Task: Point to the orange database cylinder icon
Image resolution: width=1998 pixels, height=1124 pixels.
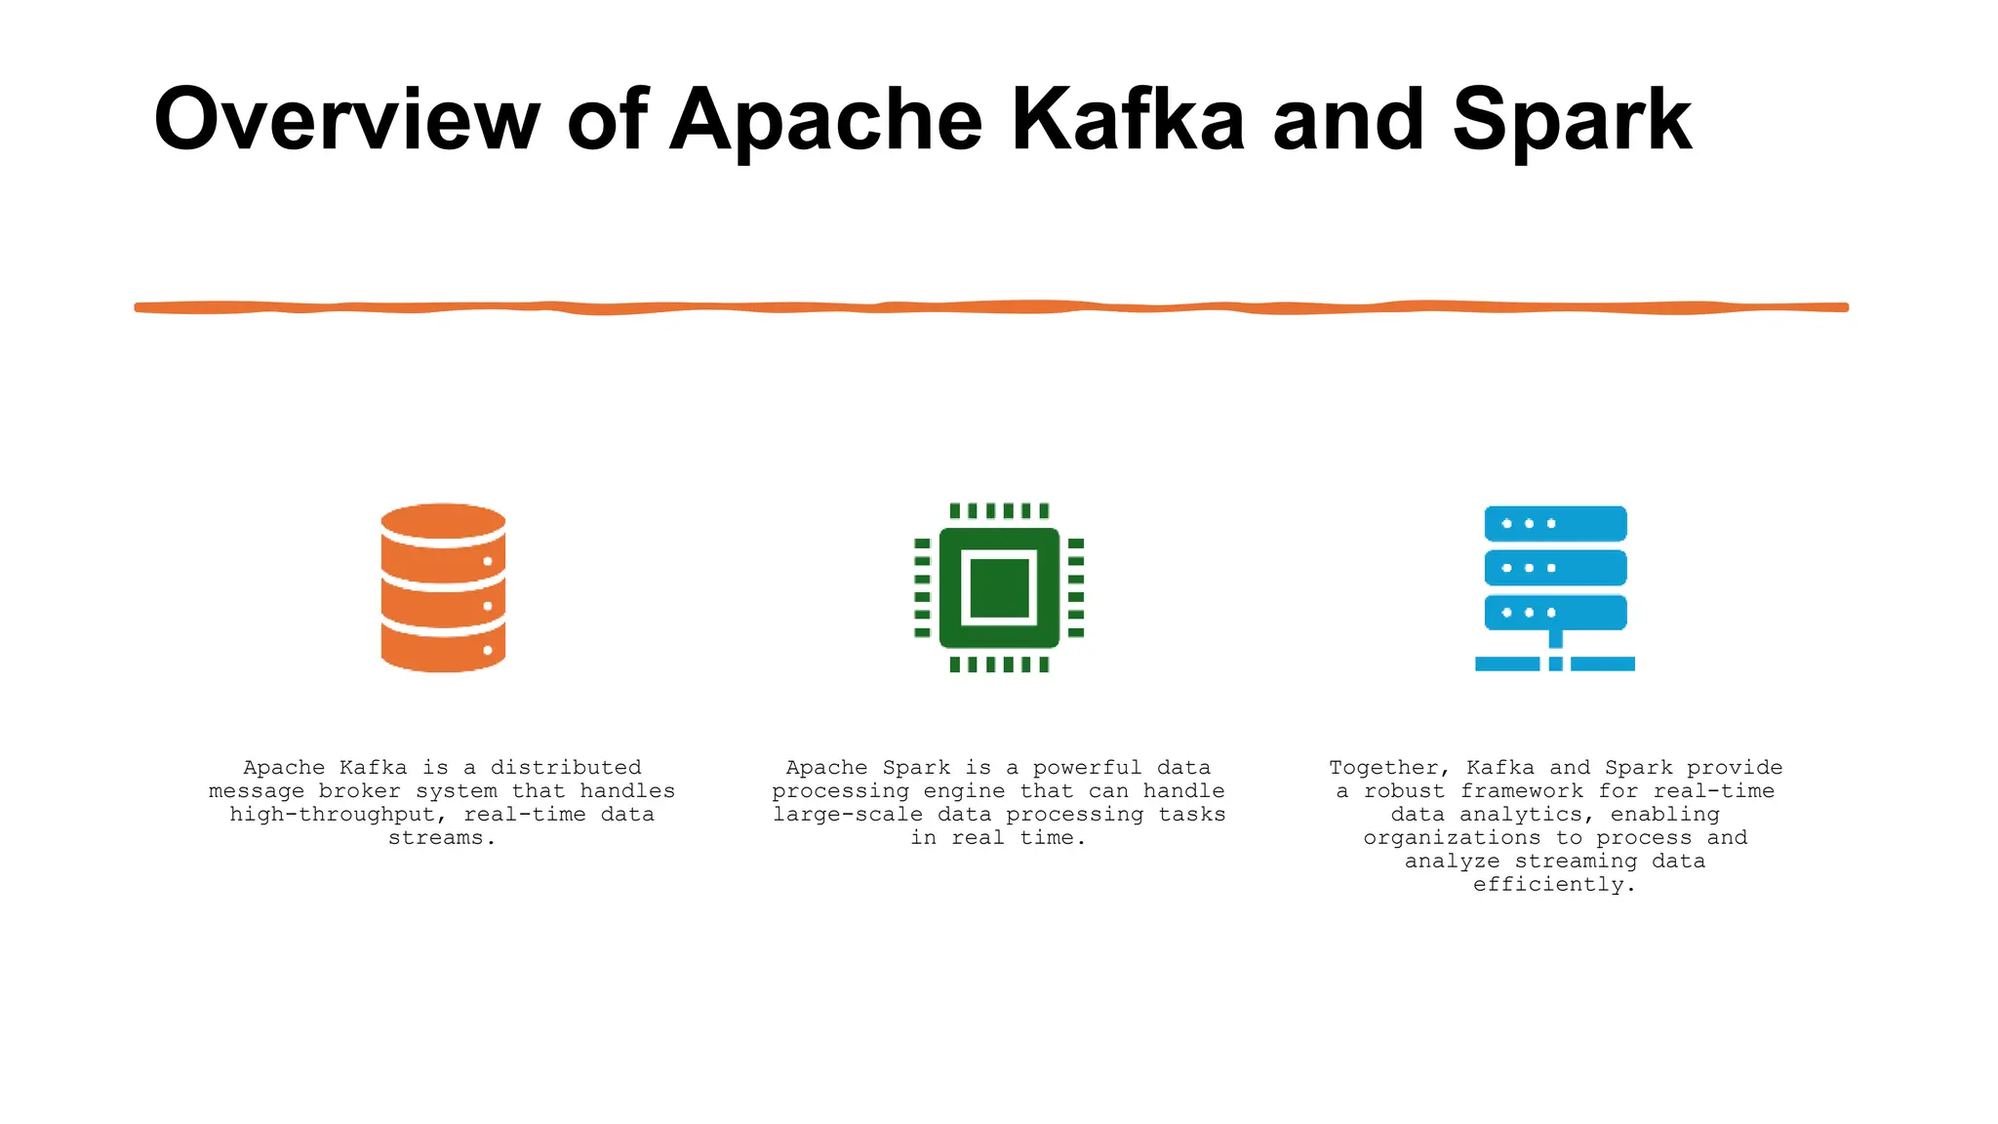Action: coord(443,587)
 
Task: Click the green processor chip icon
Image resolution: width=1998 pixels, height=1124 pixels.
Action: coord(999,587)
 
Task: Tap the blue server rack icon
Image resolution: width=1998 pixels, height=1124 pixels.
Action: coord(1555,587)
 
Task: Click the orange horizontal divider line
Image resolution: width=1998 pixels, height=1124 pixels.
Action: coord(991,307)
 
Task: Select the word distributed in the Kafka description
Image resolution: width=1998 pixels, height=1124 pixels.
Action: coord(566,768)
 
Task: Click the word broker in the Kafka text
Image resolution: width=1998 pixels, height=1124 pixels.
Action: coord(360,791)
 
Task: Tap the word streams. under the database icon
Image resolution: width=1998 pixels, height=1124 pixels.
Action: coord(442,838)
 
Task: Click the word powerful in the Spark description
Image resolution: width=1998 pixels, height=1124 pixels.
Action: coord(1087,768)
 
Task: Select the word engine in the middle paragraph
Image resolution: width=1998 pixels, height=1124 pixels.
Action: coord(964,791)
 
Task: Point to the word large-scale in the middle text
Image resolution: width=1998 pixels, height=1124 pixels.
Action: coord(848,815)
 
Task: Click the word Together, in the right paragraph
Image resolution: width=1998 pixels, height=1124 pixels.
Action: coord(1390,768)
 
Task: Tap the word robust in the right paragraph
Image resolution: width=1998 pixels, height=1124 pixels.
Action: coord(1404,791)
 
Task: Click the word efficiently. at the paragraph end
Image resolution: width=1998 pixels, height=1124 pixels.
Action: coord(1554,885)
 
